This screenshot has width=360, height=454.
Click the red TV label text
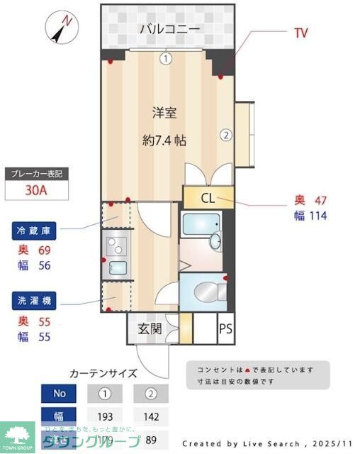[300, 33]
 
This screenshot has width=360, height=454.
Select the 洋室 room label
[164, 111]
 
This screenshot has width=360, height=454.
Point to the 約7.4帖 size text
[164, 140]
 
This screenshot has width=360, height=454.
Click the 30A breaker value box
[36, 191]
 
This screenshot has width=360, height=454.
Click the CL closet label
[208, 199]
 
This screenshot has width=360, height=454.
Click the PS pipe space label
[225, 328]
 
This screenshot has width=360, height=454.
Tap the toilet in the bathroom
[206, 292]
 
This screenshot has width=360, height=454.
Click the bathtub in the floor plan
[203, 226]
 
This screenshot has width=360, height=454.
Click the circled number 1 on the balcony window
[165, 59]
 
